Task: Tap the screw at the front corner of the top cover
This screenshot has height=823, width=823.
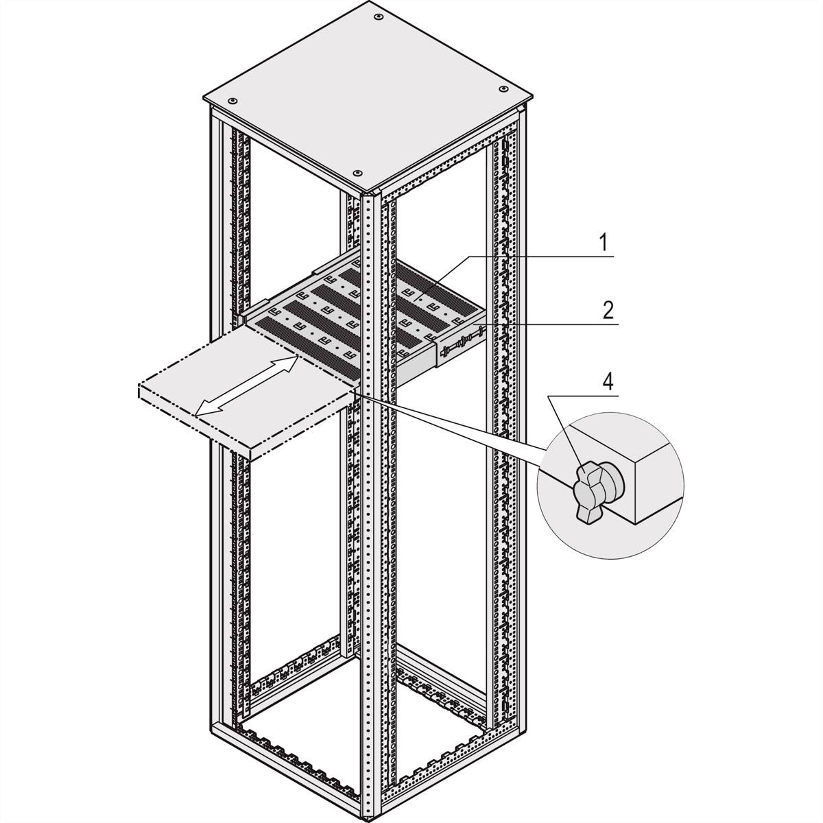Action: click(x=357, y=172)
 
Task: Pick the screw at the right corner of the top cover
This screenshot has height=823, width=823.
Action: click(x=504, y=88)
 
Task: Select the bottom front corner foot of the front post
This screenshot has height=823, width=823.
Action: click(x=371, y=816)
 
